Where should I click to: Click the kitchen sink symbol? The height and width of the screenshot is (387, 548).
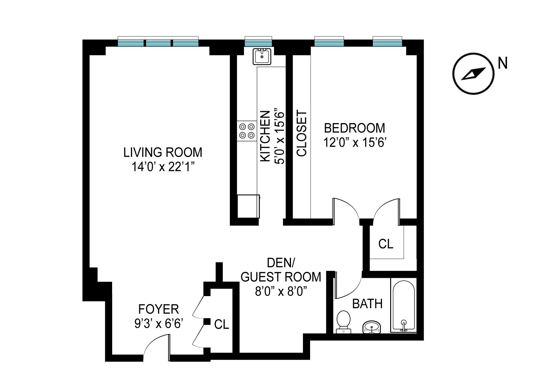(262, 56)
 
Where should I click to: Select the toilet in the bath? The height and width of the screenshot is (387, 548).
(343, 322)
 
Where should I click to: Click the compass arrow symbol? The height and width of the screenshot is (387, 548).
(473, 74)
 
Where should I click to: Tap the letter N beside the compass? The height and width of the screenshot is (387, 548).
(502, 63)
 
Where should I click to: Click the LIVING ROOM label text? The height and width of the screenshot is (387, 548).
(163, 152)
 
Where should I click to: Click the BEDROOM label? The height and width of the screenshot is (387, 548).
(354, 128)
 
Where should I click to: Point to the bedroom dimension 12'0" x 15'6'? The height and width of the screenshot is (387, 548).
(354, 142)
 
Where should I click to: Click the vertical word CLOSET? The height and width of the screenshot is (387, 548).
(302, 133)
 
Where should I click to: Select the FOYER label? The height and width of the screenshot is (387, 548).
(158, 309)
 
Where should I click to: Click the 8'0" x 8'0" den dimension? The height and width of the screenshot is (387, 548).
(281, 292)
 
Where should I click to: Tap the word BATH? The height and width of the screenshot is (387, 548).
(367, 304)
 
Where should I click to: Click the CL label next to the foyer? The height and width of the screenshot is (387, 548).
(221, 324)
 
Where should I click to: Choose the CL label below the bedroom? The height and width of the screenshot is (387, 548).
(386, 244)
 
